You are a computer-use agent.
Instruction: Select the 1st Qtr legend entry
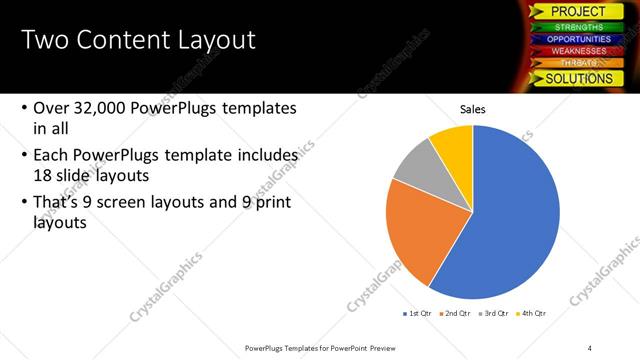[417, 313]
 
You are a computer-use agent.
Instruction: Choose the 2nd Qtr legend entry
[456, 313]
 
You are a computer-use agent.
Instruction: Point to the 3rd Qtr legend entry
[496, 313]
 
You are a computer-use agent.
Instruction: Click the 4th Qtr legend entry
[534, 313]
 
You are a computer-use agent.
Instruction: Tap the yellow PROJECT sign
[577, 11]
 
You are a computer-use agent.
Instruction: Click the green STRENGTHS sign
[577, 27]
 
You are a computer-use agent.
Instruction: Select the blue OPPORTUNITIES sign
[577, 39]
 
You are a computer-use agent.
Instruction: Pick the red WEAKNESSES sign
[577, 51]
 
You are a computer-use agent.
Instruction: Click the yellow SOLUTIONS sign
[577, 78]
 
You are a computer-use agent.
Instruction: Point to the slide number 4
[590, 347]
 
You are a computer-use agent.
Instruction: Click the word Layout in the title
[215, 41]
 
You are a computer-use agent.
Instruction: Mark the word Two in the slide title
[43, 41]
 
